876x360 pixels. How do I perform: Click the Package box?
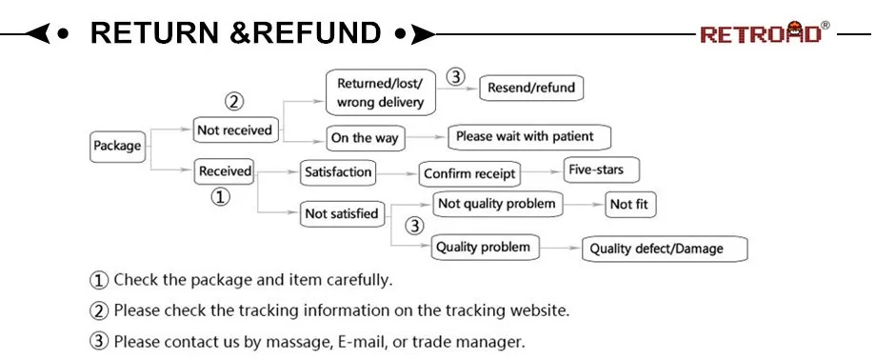tap(117, 147)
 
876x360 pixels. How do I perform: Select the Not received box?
tap(235, 130)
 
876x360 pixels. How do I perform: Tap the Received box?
tap(224, 171)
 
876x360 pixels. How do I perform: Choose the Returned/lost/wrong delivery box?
tap(381, 92)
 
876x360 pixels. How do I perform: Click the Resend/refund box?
tap(531, 88)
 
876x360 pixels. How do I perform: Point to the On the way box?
tap(366, 138)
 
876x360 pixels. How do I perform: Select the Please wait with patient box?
tap(529, 137)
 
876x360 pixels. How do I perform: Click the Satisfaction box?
tap(338, 172)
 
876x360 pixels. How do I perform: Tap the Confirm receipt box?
tap(469, 174)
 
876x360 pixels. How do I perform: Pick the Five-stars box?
tap(601, 170)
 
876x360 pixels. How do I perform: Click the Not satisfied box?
tap(343, 213)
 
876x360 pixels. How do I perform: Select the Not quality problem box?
tap(497, 204)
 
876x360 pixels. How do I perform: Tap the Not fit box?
tap(630, 205)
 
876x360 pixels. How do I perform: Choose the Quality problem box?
tap(486, 247)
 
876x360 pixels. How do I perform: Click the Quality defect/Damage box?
tap(665, 250)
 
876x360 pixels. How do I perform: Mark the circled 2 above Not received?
tap(234, 102)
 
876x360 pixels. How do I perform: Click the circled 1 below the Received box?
tap(220, 197)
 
